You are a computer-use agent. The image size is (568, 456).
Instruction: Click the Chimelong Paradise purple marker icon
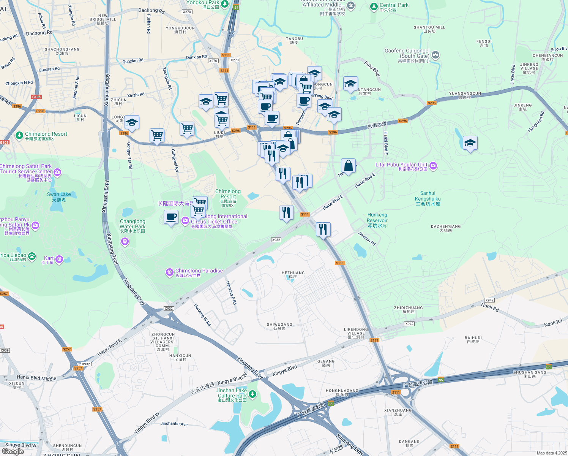click(x=170, y=272)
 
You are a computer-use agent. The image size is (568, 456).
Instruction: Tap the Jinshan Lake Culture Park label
click(x=232, y=395)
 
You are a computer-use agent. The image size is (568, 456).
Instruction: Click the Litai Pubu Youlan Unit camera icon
click(x=433, y=166)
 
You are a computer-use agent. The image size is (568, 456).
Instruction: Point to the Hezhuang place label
click(x=293, y=274)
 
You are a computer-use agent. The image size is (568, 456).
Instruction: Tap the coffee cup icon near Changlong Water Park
click(x=171, y=217)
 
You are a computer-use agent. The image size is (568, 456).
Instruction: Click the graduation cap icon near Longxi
click(x=132, y=122)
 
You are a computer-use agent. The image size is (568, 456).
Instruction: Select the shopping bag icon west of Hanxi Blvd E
click(x=348, y=166)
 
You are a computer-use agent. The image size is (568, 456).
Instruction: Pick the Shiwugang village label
click(x=279, y=326)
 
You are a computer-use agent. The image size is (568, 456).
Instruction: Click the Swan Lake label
click(x=59, y=196)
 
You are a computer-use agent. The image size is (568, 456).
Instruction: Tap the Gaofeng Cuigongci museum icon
click(x=435, y=55)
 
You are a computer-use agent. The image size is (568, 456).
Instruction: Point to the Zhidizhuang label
click(x=408, y=309)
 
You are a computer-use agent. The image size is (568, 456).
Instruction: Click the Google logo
click(x=13, y=451)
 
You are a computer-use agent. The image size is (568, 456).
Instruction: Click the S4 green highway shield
click(x=236, y=8)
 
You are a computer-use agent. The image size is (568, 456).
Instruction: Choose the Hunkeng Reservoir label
click(x=377, y=220)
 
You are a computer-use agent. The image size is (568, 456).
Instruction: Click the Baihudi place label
click(x=473, y=339)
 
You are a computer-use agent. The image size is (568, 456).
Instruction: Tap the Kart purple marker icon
click(x=59, y=259)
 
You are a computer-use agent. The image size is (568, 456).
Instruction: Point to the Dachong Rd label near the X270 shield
click(x=151, y=11)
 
